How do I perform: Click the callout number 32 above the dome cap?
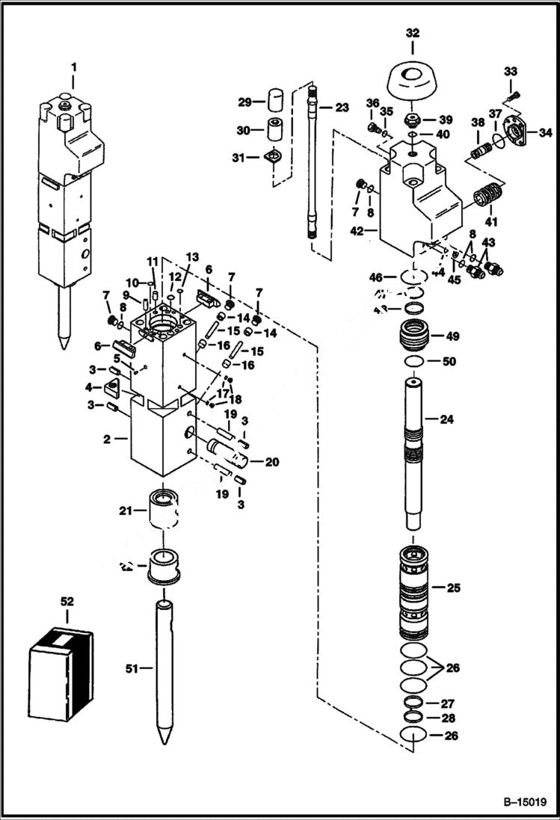pyautogui.click(x=413, y=33)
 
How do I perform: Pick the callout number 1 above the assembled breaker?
pyautogui.click(x=73, y=67)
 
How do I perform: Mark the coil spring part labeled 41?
pyautogui.click(x=488, y=200)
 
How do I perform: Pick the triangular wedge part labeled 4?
pyautogui.click(x=113, y=387)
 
